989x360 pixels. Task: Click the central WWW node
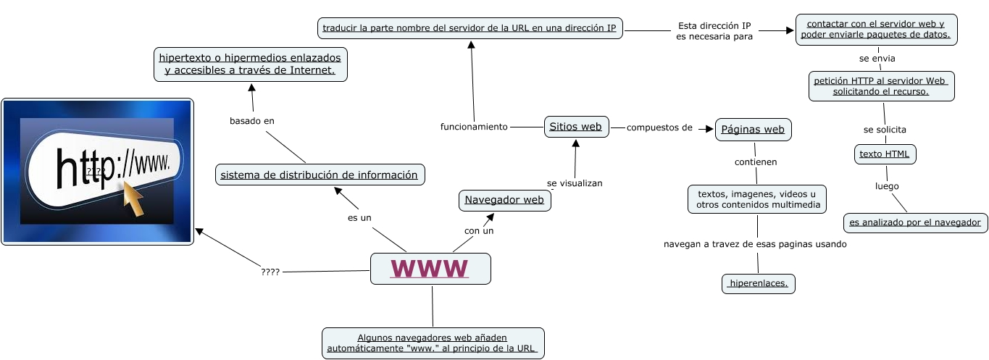point(430,269)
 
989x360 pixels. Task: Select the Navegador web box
point(504,200)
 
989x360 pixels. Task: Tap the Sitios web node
point(576,126)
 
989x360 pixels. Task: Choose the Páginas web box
point(753,130)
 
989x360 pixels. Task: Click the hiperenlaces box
point(758,284)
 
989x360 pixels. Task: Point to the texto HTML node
point(885,154)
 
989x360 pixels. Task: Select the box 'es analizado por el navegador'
point(915,222)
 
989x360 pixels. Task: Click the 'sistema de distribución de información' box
point(320,175)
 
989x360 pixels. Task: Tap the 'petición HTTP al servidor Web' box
point(881,86)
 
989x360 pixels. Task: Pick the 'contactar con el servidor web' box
point(875,30)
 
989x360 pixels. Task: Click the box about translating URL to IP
point(470,29)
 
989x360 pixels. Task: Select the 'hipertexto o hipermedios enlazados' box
point(251,64)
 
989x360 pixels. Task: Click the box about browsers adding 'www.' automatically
point(433,343)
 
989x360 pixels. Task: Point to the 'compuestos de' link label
point(659,128)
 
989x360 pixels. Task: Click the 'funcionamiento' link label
point(474,127)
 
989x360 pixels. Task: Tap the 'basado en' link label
point(252,121)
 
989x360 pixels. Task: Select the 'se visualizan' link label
point(575,183)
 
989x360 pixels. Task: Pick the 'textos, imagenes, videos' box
point(756,199)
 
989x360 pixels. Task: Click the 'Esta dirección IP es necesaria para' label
point(714,30)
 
